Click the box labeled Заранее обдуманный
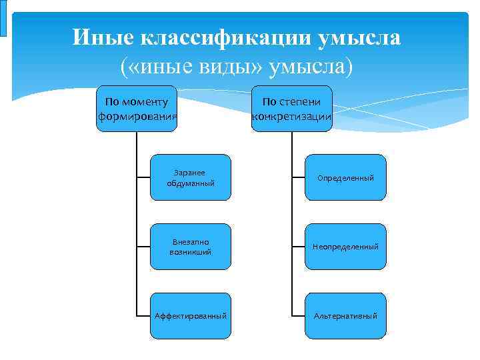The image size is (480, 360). (x=191, y=177)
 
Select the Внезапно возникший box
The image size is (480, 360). (x=191, y=247)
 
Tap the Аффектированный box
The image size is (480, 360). (x=191, y=315)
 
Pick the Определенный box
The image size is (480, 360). (x=345, y=177)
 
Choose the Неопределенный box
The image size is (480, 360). (x=345, y=247)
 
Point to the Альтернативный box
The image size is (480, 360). (x=345, y=315)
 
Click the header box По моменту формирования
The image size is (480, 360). (x=137, y=109)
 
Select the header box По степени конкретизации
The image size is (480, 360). (x=292, y=109)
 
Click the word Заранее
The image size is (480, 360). (x=191, y=172)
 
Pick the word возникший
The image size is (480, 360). (x=191, y=252)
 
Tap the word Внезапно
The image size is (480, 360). (x=191, y=241)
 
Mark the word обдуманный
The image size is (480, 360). (x=191, y=183)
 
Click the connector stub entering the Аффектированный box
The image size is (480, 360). (x=143, y=315)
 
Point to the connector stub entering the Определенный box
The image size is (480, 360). (x=298, y=177)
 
